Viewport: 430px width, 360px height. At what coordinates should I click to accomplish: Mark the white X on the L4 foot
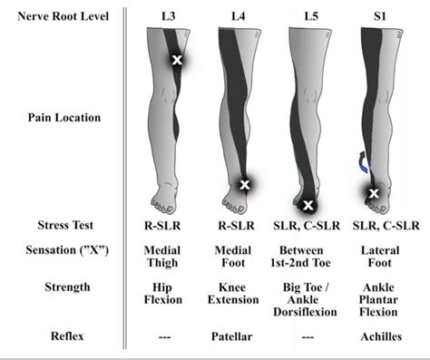coord(244,185)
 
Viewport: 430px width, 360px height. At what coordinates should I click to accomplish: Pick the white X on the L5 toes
coord(308,204)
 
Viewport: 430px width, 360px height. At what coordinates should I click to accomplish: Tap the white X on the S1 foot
coord(373,192)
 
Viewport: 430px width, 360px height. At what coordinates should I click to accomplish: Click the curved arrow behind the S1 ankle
coord(360,163)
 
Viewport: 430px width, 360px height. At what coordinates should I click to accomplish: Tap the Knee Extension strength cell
coord(239,294)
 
